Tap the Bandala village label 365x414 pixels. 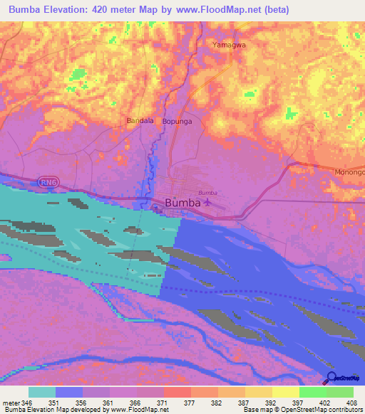(140, 121)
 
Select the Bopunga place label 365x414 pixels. (178, 122)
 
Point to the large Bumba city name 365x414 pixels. (182, 203)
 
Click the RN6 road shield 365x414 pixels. (48, 182)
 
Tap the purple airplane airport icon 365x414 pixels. (207, 203)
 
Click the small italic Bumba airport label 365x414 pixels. (207, 193)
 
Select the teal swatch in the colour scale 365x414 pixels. (42, 392)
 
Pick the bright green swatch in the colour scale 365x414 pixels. (313, 392)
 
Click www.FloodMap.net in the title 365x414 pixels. (220, 9)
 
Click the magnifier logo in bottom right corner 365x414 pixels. (330, 377)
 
